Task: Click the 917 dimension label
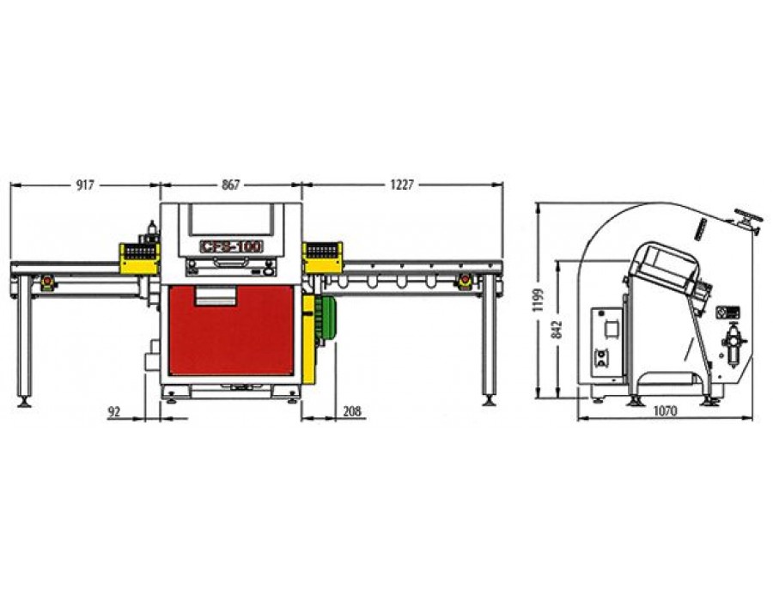(x=85, y=185)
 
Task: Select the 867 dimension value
(x=231, y=185)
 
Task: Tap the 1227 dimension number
(x=402, y=185)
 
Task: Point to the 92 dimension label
(x=114, y=412)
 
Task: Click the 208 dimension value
(x=352, y=411)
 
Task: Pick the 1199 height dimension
(x=539, y=300)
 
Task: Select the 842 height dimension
(x=557, y=330)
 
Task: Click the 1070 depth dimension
(x=665, y=411)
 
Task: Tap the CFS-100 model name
(x=231, y=246)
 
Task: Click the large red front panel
(x=231, y=331)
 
